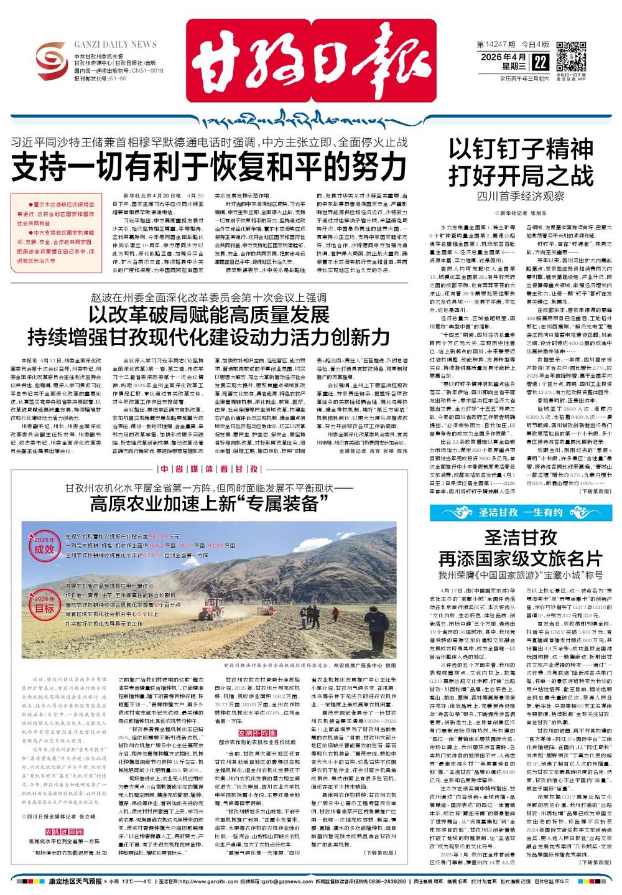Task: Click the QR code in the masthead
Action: coord(571,57)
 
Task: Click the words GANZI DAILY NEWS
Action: coord(115,45)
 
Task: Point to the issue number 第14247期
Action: coord(496,45)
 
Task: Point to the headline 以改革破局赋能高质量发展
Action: coord(208,314)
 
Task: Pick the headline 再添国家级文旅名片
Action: coord(521,557)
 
